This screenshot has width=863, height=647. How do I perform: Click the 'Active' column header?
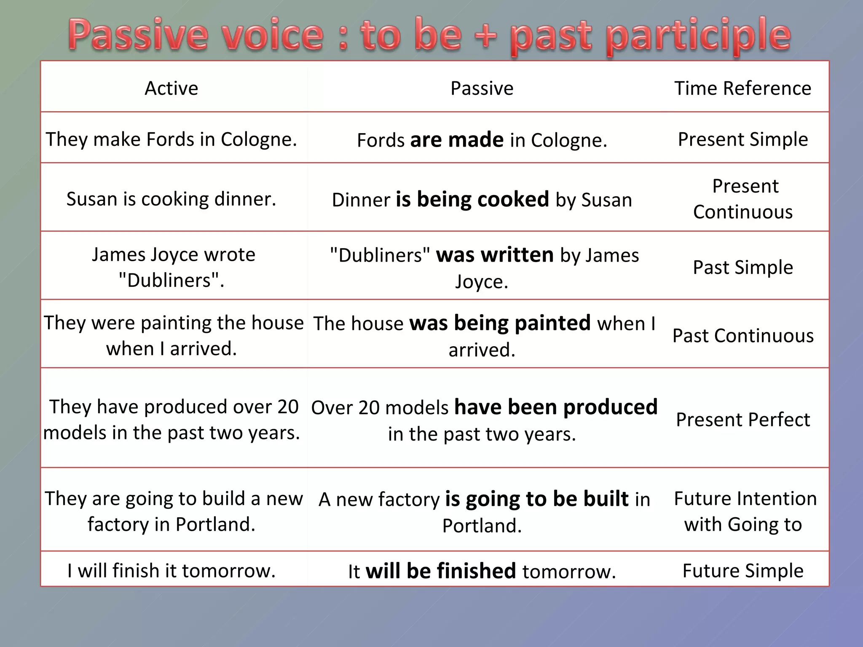click(171, 88)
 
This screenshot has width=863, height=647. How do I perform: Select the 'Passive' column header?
click(482, 88)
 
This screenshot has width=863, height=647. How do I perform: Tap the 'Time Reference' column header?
click(742, 88)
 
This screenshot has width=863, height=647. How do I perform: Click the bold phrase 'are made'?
click(457, 140)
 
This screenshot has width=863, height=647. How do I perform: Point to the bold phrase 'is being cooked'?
click(472, 199)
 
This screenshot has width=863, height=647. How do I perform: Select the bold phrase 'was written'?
click(495, 255)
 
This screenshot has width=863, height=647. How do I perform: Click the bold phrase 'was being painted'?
click(500, 323)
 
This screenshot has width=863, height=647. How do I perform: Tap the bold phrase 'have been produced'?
click(556, 407)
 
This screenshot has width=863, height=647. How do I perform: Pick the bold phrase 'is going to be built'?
click(537, 499)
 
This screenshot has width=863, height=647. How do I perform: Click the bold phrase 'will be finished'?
click(441, 571)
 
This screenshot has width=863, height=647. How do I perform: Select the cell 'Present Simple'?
click(742, 139)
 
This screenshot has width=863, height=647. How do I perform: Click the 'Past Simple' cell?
click(742, 267)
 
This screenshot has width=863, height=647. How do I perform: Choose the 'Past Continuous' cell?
click(742, 336)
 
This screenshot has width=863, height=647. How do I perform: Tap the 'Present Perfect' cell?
click(742, 420)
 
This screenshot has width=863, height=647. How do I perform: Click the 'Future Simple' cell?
click(742, 571)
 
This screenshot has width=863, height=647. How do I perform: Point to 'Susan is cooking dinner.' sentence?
click(171, 199)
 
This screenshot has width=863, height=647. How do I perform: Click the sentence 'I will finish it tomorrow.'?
click(171, 571)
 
